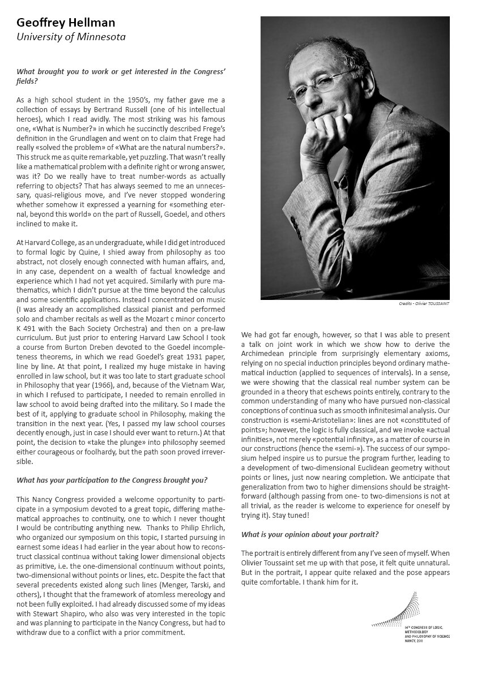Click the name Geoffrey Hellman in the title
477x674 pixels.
coord(66,23)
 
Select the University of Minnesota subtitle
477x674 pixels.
coord(71,37)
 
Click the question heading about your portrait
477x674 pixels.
coord(310,534)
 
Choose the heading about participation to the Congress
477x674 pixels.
coord(112,480)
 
